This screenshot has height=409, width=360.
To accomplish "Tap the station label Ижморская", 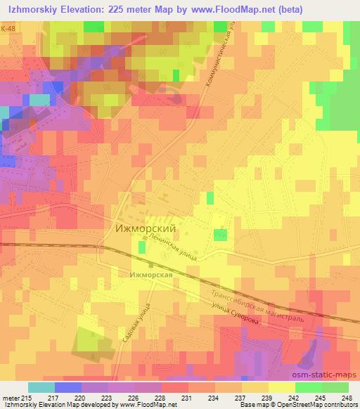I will [150, 275].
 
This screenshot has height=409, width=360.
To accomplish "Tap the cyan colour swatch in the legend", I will [41, 387].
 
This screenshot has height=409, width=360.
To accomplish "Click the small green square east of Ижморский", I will [221, 234].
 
